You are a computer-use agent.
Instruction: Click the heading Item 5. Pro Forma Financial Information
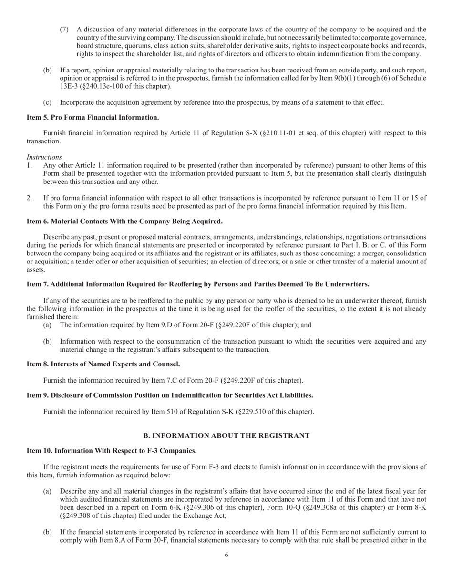93,117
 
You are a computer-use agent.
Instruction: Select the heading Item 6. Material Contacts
124,222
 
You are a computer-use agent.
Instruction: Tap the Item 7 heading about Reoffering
198,284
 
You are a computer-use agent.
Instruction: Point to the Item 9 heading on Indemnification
170,395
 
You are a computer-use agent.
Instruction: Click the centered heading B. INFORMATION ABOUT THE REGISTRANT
226,435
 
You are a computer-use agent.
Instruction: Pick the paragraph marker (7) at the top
64,30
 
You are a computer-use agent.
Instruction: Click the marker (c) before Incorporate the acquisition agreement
47,102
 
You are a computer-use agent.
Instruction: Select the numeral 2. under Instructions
30,198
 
